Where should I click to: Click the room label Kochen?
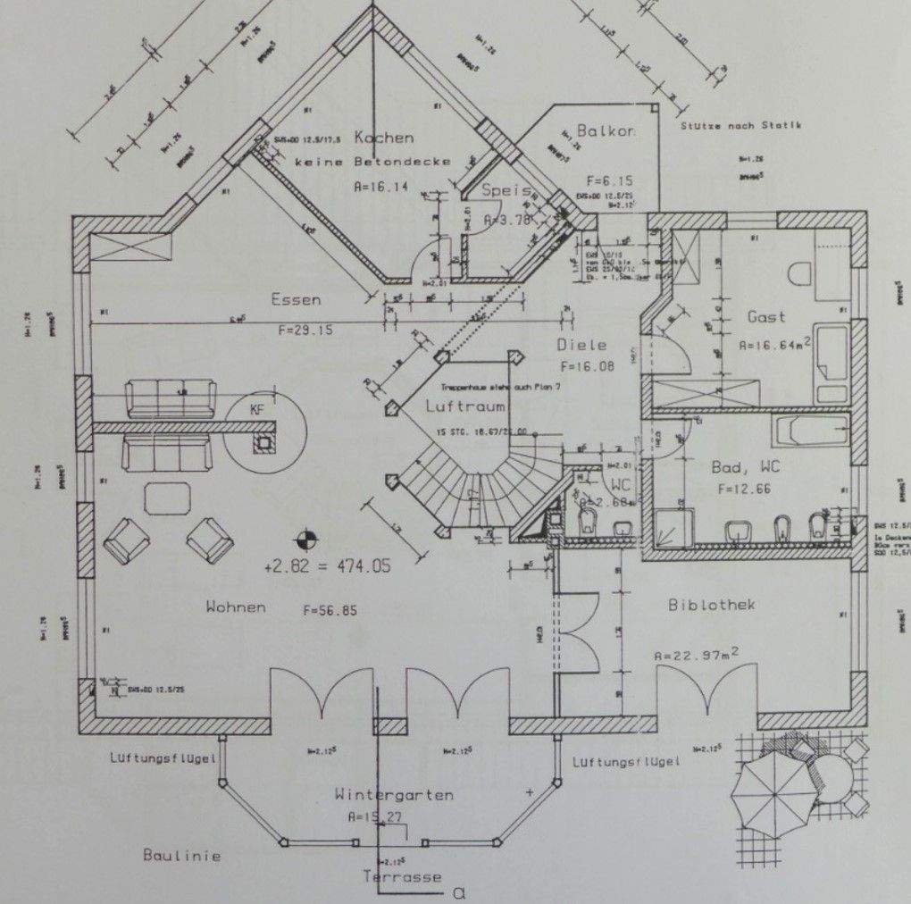384,138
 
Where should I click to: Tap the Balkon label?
605,131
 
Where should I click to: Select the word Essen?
296,300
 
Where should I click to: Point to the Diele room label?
581,345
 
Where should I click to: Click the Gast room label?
766,316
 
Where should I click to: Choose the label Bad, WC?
740,466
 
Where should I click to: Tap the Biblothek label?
712,605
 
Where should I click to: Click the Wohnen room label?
236,607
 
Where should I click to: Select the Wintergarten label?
394,794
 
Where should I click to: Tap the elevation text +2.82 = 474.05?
327,566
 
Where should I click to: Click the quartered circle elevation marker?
305,539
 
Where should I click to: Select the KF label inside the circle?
257,411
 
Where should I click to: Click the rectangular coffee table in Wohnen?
168,498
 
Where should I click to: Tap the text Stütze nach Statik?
740,126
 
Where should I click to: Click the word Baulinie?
181,855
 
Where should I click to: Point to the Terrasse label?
402,876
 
